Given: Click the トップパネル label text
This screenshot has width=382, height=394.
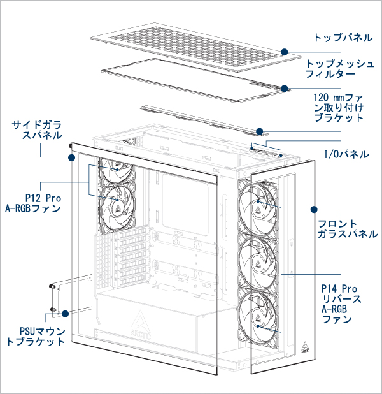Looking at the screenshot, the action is (x=343, y=38).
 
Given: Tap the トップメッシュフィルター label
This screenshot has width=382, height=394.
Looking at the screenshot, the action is (x=340, y=69).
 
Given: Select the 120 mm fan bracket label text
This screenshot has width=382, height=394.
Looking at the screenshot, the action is (x=339, y=108).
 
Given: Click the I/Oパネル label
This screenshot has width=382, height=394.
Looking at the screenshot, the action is (x=346, y=154).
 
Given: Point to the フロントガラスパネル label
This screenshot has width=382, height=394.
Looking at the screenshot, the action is (x=348, y=229).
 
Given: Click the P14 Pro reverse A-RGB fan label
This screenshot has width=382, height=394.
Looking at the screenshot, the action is (x=341, y=304).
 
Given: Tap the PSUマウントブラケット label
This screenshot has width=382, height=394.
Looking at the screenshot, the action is (x=36, y=337).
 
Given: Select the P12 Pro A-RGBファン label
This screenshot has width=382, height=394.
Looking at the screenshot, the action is (x=33, y=203).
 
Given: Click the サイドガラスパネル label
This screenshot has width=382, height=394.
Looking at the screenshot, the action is (x=37, y=130).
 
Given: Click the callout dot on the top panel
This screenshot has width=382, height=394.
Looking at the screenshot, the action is (x=285, y=52).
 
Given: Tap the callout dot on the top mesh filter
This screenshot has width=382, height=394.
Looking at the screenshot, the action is (x=285, y=89).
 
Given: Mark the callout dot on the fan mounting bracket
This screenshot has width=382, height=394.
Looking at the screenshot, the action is (x=260, y=131).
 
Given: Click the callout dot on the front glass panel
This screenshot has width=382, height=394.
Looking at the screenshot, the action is (x=314, y=210).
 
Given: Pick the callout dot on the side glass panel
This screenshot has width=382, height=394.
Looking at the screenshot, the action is (x=72, y=158).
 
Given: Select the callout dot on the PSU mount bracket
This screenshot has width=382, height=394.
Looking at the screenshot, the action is (x=65, y=314).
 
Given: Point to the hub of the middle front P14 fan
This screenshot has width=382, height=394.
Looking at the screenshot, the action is (x=258, y=262).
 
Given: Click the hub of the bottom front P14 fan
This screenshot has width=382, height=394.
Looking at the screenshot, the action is (x=258, y=317).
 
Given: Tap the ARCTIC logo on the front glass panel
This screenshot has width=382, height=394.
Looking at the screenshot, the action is (x=305, y=347).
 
